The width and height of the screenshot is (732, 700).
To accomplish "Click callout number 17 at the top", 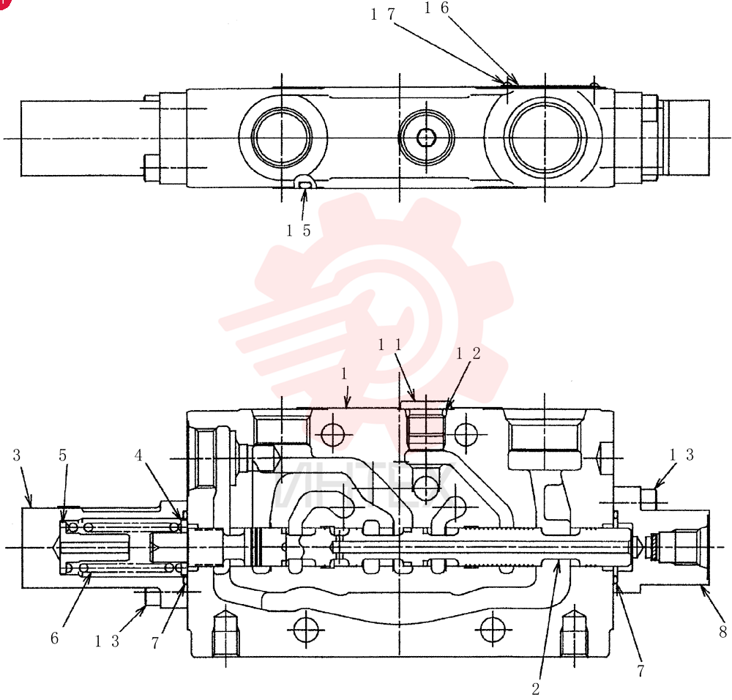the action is coord(383,15).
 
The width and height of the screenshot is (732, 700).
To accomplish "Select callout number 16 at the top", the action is coord(436,8).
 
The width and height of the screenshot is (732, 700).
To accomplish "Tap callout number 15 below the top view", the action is coord(299,230).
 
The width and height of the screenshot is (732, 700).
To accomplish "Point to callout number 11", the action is coord(389,345).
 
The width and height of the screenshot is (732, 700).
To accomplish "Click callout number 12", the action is coord(468,354).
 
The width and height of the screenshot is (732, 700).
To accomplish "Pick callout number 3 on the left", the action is coord(17,455).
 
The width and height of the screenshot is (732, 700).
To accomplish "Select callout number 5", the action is coord(63,455).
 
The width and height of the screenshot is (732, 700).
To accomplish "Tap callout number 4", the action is coord(138,455).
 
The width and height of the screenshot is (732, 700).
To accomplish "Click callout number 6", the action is coord(55,638).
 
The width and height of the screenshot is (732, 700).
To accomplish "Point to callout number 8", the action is coord(722,632).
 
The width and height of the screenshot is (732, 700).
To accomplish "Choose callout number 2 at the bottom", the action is coord(536,688).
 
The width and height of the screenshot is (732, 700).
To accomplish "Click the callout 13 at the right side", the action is coord(681,455).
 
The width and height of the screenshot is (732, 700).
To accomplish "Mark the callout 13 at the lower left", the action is coord(107,641).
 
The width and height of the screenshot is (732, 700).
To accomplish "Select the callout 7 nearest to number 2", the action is coord(640,671).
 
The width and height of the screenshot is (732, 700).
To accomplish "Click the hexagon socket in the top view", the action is coord(426,138).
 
